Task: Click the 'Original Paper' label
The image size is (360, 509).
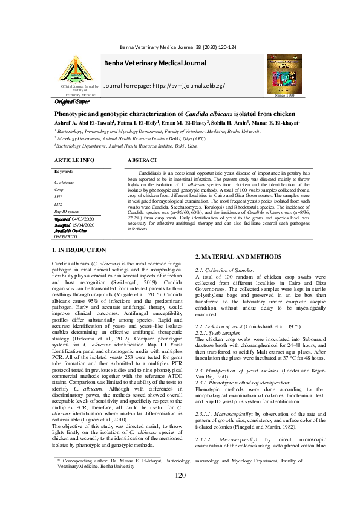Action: point(72,102)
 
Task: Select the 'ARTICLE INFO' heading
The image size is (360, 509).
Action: point(74,160)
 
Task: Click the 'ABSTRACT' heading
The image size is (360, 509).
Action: point(142,160)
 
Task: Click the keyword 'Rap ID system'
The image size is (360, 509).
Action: point(67,212)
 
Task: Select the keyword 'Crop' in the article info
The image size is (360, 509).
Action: point(59,189)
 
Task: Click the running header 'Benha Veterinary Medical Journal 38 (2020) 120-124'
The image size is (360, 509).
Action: point(180,47)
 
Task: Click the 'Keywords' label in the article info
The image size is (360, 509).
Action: point(64,172)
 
